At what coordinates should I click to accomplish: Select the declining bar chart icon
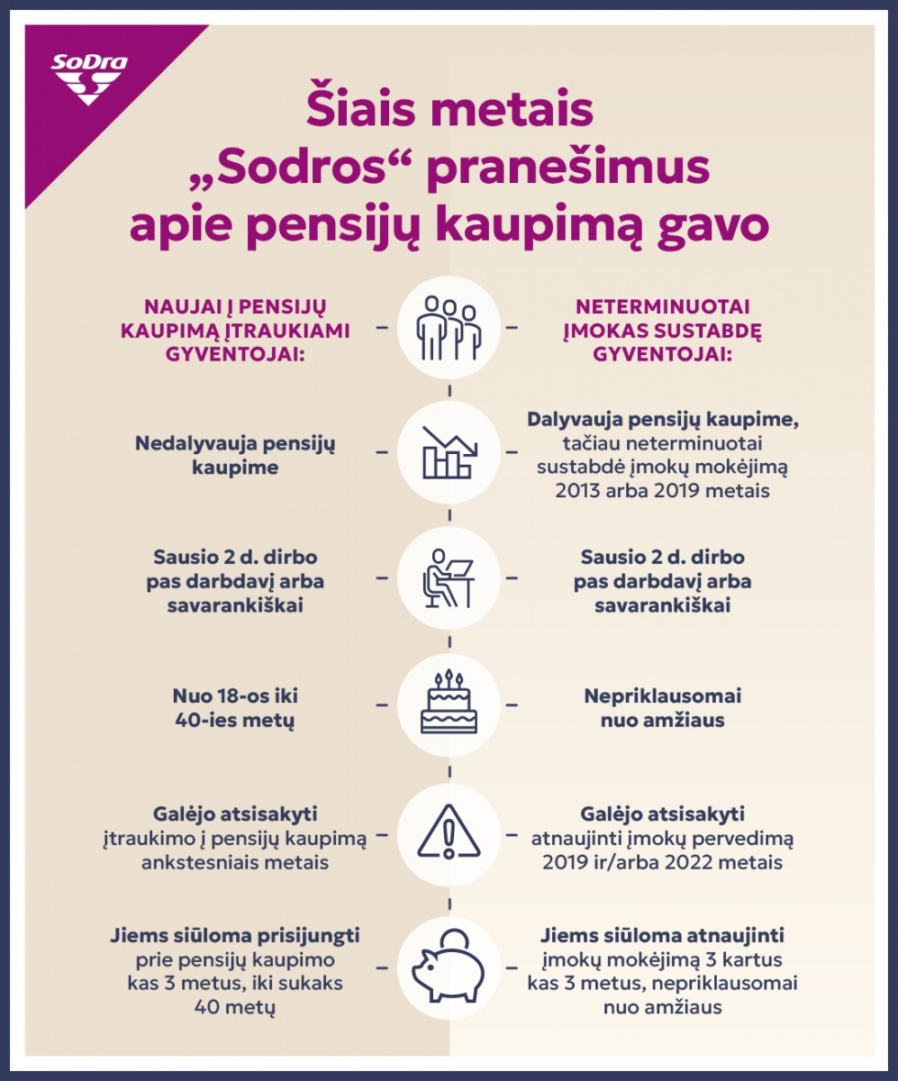(449, 452)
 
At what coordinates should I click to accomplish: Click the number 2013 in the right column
(583, 492)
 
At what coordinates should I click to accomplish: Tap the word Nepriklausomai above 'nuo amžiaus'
(662, 696)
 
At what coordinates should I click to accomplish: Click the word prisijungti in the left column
(304, 936)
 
